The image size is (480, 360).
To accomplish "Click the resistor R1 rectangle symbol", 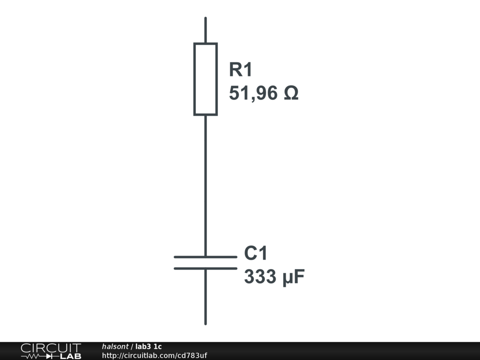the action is [x=205, y=79].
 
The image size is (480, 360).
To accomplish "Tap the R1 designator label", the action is [x=240, y=70].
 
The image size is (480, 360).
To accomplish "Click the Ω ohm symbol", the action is [x=291, y=93].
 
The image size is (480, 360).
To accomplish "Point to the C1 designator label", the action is [x=255, y=253].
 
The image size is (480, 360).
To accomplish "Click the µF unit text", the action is [x=293, y=277].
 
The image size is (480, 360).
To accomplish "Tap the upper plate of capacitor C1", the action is [x=205, y=257].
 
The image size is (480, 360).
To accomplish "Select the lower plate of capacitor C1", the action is [x=205, y=269].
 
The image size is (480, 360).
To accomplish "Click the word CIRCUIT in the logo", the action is [x=51, y=348].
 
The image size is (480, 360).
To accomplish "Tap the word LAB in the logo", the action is [x=71, y=356].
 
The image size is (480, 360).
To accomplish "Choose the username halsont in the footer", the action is [x=115, y=346].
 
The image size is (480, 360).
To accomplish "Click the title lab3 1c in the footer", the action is [x=149, y=346].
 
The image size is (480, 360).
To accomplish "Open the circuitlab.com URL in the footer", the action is [x=154, y=355].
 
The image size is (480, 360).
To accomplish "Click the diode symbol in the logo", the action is [x=50, y=356].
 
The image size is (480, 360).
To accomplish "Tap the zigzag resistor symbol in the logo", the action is [x=34, y=356].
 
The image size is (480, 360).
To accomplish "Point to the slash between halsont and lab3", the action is [x=132, y=346].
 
